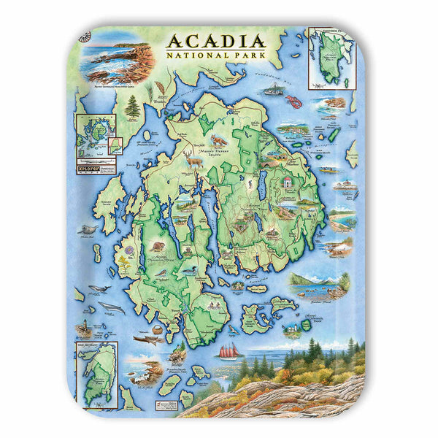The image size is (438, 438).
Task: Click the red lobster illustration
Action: tap(295, 95)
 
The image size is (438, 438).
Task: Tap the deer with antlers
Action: tap(193, 157)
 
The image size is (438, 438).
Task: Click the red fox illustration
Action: tap(218, 139)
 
